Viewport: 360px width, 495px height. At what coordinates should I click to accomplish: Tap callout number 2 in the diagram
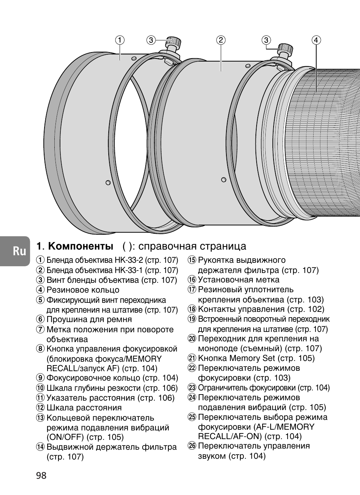click(221, 40)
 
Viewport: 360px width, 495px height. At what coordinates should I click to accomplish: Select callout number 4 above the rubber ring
click(316, 40)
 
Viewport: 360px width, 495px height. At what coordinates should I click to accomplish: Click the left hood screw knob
click(174, 42)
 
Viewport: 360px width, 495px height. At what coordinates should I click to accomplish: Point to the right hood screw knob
click(286, 49)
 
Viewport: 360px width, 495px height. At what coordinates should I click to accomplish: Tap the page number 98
click(42, 475)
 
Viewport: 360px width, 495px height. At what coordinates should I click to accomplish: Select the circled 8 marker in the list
click(40, 349)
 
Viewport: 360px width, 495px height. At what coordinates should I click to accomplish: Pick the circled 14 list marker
click(40, 447)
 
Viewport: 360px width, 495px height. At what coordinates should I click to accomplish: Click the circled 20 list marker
click(192, 339)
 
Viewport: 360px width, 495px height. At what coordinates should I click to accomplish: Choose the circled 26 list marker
click(192, 446)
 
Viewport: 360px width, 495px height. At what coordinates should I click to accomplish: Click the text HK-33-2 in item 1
click(128, 260)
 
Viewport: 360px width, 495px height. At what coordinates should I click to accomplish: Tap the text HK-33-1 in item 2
click(128, 270)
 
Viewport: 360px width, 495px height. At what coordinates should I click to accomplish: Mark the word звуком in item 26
click(211, 456)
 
